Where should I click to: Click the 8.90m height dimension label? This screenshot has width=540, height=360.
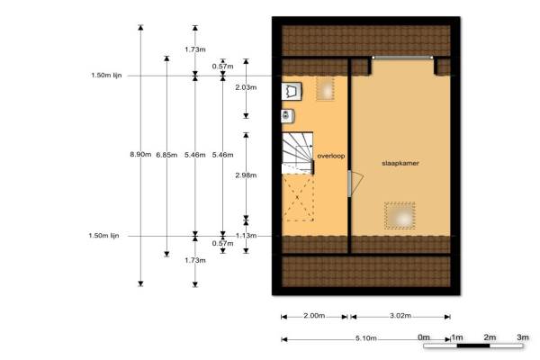140,155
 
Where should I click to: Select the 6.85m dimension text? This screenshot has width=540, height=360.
166,155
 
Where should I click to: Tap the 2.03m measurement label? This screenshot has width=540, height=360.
246,87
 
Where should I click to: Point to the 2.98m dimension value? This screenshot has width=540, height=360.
246,175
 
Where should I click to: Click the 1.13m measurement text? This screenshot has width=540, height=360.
246,236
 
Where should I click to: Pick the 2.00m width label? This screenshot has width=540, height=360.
314,316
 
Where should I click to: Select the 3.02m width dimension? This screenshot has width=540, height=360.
400,316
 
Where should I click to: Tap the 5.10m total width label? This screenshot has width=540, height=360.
365,338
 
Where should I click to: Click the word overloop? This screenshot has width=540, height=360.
331,156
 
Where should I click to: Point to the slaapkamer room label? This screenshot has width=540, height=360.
400,163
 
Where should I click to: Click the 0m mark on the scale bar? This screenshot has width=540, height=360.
424,337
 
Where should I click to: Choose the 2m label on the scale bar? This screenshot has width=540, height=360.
490,337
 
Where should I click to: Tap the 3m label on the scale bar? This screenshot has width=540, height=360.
522,337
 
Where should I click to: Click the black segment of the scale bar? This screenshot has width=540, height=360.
473,346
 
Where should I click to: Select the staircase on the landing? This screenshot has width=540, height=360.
298,153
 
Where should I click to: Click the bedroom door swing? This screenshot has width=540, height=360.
356,184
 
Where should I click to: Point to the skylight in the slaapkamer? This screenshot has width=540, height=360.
400,216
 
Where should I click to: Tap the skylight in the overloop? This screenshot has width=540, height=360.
325,89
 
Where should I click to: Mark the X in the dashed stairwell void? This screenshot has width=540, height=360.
298,197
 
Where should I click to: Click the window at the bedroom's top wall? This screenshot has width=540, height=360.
402,58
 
